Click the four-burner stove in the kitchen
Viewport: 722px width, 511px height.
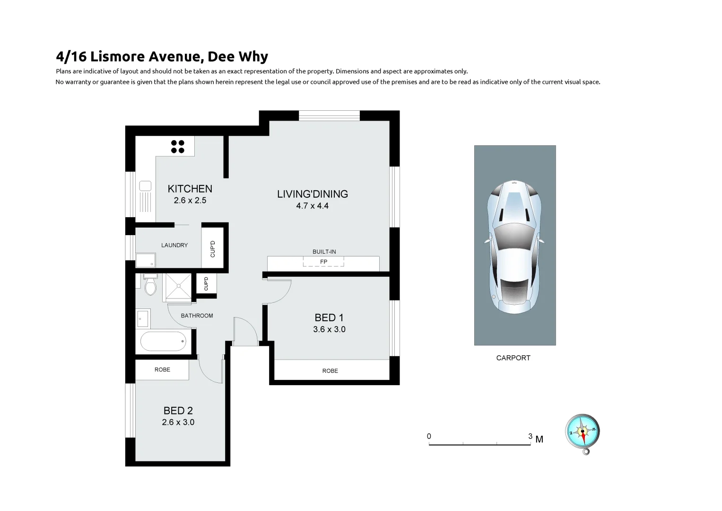point(178,147)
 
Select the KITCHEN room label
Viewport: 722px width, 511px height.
point(190,189)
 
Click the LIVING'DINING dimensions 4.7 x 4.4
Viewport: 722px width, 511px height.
point(312,206)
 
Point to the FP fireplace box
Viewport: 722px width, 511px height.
point(323,262)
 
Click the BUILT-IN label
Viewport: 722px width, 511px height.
point(324,252)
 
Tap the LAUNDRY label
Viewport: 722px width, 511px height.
point(174,245)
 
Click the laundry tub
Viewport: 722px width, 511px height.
point(146,260)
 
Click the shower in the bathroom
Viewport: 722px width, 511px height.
point(178,287)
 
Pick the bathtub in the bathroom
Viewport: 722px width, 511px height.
point(164,341)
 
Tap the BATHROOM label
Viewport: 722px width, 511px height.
point(197,316)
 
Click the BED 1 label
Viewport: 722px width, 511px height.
point(329,317)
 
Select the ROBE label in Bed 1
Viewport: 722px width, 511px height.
point(330,371)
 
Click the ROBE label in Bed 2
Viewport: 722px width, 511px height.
point(162,370)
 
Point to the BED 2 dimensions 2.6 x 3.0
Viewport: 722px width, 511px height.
point(178,422)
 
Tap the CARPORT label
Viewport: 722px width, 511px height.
point(513,358)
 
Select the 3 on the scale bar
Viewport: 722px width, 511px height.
point(530,436)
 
